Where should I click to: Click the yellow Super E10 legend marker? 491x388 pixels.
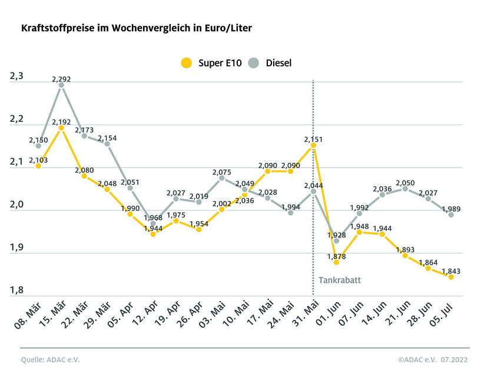[x=187, y=62]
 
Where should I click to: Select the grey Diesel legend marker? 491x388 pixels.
[x=254, y=62]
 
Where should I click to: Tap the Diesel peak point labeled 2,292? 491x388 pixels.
[x=61, y=85]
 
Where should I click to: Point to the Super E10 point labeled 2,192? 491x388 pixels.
[x=61, y=128]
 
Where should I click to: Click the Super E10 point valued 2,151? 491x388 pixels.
[x=313, y=145]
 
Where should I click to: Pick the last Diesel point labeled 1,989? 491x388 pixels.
[x=451, y=215]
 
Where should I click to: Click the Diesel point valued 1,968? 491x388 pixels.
[x=153, y=223]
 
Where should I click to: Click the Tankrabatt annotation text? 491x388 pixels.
[x=340, y=280]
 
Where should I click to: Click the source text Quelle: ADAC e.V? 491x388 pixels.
[x=50, y=360]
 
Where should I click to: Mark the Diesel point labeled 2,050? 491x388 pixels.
[x=405, y=189]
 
